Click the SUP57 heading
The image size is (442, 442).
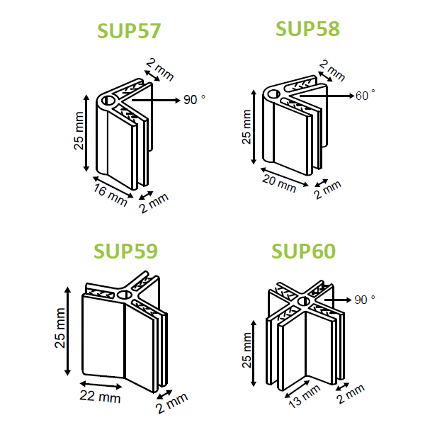pyautogui.click(x=129, y=30)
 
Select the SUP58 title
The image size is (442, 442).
pyautogui.click(x=307, y=29)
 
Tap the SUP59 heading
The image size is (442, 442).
pyautogui.click(x=125, y=251)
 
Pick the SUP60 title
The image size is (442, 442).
pyautogui.click(x=303, y=251)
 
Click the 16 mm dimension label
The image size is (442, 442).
pyautogui.click(x=110, y=195)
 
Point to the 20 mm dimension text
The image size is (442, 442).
pyautogui.click(x=279, y=183)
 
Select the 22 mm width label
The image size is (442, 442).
pyautogui.click(x=100, y=397)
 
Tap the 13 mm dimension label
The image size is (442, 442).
pyautogui.click(x=305, y=396)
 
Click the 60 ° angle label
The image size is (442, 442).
pyautogui.click(x=365, y=96)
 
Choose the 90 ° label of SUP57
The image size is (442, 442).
pyautogui.click(x=194, y=100)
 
